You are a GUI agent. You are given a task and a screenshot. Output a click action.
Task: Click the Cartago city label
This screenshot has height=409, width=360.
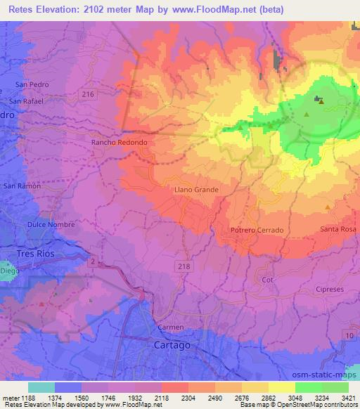(x=172, y=345)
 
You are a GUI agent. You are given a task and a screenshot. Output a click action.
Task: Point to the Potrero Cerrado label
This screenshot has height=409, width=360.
(x=257, y=230)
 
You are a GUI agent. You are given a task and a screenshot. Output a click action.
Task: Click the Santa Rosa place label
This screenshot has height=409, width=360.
(x=339, y=229)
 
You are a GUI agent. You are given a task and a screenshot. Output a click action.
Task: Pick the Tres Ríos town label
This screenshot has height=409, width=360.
(x=35, y=253)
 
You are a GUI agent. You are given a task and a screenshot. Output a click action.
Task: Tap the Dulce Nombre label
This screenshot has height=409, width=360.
(x=46, y=224)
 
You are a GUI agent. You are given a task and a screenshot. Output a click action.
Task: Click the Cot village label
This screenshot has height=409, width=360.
(x=266, y=279)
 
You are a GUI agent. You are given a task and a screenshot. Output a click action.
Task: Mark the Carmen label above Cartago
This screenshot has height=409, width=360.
(x=170, y=327)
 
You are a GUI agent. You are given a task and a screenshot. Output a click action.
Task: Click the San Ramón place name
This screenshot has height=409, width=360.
(x=22, y=186)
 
